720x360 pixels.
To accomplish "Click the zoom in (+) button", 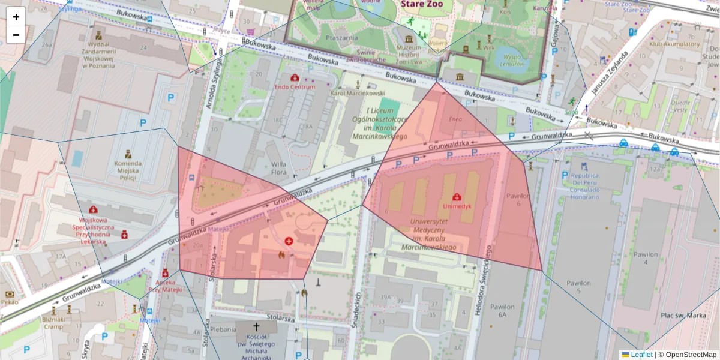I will click(x=16, y=17).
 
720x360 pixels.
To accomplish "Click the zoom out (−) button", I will click(x=16, y=35).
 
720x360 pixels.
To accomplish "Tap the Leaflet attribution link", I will click(x=641, y=355).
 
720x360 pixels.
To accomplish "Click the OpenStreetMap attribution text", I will click(x=691, y=355).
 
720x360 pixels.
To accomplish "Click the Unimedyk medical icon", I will click(x=457, y=196).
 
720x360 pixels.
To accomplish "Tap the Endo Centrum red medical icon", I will click(x=295, y=78).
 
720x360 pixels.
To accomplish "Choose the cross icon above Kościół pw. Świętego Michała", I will click(x=257, y=328).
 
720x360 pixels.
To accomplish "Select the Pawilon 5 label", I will click(x=578, y=287).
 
